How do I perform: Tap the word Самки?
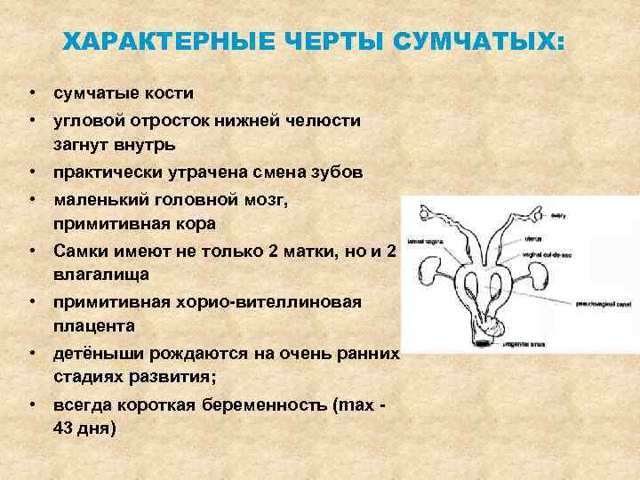[x=84, y=251]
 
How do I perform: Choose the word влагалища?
[x=99, y=270]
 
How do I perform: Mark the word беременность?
[x=257, y=407]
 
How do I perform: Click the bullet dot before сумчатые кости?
[x=31, y=93]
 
